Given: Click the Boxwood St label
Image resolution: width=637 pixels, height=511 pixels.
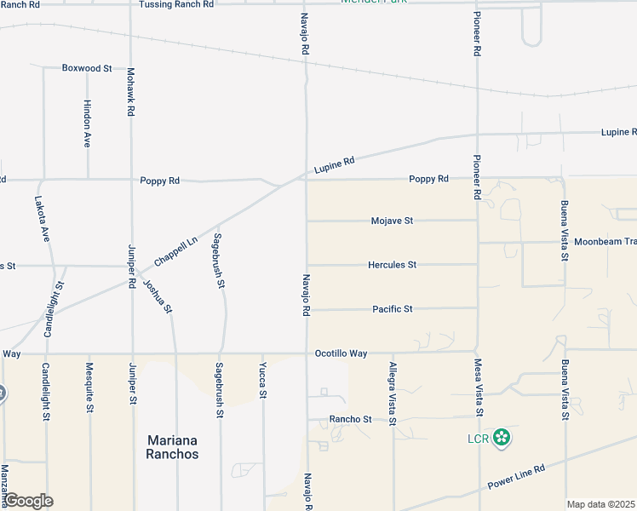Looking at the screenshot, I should (87, 68).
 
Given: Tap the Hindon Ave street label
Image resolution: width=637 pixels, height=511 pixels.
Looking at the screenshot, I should (88, 124).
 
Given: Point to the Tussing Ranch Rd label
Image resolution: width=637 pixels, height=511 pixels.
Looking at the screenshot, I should (177, 4).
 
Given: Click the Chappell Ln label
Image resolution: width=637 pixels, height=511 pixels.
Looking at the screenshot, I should (175, 251).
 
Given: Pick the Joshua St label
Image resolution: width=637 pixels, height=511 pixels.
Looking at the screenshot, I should (158, 296).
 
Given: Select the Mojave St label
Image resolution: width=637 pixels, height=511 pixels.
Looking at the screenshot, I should (392, 221).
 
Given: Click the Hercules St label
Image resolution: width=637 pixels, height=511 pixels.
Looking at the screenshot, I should (392, 265).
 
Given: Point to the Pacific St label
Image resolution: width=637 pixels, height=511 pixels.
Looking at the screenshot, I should (392, 309).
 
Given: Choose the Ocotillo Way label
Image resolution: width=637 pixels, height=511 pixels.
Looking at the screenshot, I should (341, 353).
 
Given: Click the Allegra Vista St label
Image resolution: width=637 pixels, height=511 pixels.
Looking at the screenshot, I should (393, 393).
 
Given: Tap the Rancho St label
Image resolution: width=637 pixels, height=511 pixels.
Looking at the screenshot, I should (351, 420).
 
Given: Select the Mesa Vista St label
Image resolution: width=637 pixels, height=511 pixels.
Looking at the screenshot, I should (480, 388).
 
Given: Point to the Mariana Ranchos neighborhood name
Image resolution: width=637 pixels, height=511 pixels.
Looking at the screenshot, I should (173, 447).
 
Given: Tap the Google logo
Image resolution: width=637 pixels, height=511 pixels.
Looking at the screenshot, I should (28, 501).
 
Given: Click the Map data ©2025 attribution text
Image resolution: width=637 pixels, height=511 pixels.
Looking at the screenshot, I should (601, 504).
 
